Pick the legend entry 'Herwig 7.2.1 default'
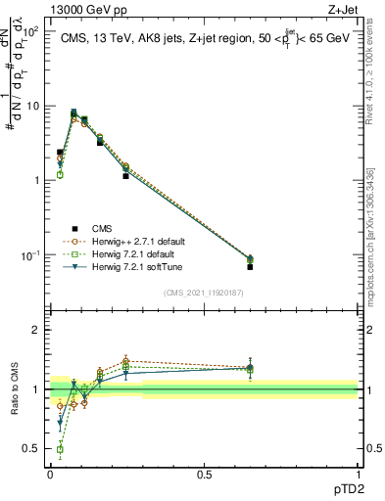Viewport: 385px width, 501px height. point(131,253)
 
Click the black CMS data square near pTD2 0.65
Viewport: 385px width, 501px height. point(250,266)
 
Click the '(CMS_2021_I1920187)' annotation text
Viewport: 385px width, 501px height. point(204,292)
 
